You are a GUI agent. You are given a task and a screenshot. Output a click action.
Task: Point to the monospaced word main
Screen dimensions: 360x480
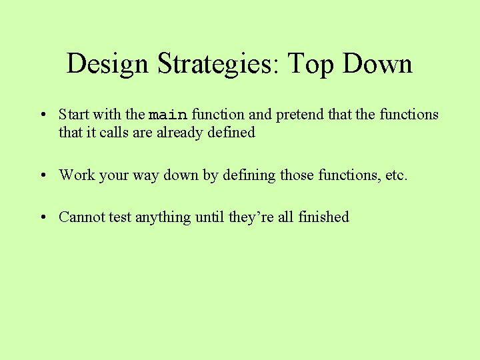point(167,115)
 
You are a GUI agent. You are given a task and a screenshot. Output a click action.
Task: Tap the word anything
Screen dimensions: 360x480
point(163,217)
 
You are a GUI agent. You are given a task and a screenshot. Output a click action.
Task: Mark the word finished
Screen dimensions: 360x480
point(323,217)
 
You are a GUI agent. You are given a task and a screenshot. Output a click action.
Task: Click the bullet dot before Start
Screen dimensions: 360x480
point(42,115)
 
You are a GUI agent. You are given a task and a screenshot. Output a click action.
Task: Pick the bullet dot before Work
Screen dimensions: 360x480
point(42,176)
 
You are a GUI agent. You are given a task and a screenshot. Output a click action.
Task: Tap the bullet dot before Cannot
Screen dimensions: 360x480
point(42,218)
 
